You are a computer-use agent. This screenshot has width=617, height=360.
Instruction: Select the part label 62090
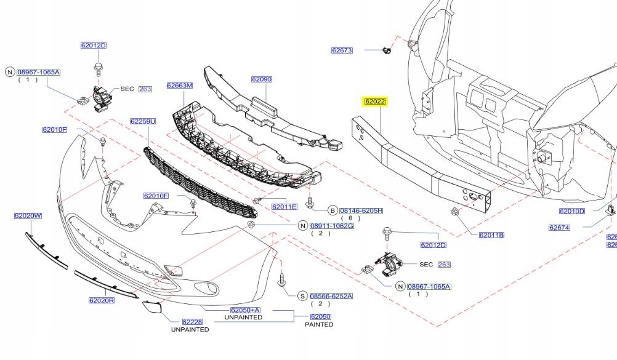(x=261, y=79)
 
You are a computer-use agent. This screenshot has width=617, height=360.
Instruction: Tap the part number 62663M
(x=179, y=86)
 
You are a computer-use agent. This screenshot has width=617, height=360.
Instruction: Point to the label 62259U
(x=143, y=121)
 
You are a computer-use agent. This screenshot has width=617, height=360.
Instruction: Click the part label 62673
(x=342, y=50)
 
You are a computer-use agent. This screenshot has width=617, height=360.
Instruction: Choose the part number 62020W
(x=28, y=216)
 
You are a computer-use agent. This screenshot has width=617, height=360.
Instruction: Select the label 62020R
(x=102, y=301)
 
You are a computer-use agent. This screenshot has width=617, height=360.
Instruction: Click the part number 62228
(x=192, y=322)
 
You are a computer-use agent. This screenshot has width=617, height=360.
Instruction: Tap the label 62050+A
(x=245, y=310)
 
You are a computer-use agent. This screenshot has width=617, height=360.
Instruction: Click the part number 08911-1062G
(x=331, y=226)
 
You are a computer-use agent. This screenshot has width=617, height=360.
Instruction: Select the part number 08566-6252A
(x=331, y=296)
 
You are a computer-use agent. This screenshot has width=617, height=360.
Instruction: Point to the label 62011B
(x=491, y=235)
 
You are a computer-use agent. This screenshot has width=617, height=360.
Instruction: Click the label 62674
(x=559, y=228)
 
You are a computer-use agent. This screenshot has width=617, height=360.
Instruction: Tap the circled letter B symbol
(x=332, y=210)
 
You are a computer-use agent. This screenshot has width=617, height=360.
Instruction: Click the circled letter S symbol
(x=302, y=296)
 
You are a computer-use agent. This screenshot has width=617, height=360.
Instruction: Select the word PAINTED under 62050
(x=319, y=324)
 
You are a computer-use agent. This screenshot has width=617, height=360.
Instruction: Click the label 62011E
(x=284, y=207)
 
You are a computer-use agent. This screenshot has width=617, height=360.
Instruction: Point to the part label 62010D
(x=571, y=211)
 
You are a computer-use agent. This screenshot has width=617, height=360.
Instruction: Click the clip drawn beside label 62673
(x=385, y=50)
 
